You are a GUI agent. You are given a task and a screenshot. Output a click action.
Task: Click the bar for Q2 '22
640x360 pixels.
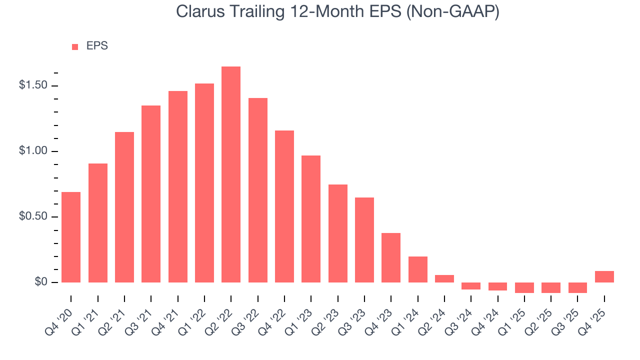tap(231, 174)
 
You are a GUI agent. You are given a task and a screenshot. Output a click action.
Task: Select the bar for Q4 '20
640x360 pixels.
tap(71, 237)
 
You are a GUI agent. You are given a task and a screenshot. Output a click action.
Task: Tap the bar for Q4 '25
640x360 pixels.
tap(604, 276)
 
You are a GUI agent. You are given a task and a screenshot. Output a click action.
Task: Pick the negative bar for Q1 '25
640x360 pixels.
tap(524, 287)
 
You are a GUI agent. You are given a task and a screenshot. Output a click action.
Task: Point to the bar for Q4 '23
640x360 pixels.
tap(391, 257)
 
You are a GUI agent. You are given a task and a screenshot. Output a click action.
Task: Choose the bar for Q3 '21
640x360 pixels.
tap(151, 194)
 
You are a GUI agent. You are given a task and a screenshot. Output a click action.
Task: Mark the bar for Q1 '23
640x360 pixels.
tap(311, 219)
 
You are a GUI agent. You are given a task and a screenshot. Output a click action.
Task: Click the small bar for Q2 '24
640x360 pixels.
tap(444, 278)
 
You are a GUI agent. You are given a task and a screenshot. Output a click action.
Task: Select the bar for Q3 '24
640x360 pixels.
tap(471, 286)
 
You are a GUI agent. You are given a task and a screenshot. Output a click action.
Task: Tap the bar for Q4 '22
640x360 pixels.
tap(284, 206)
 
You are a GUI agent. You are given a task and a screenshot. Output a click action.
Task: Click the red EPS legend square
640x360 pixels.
tap(75, 46)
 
